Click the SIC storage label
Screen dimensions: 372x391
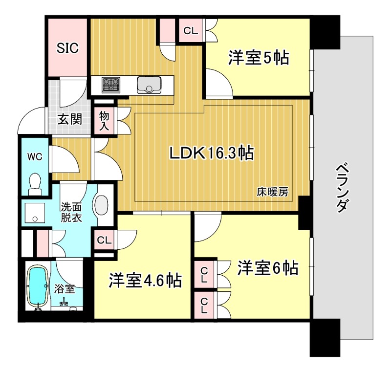click(x=67, y=48)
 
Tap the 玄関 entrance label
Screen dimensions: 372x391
click(x=70, y=119)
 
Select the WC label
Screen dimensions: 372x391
click(x=34, y=157)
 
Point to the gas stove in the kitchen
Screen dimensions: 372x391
click(x=111, y=86)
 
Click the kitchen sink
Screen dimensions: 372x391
click(x=149, y=85)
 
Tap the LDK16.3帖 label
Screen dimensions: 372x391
click(x=211, y=153)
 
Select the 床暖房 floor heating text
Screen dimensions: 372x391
click(x=273, y=192)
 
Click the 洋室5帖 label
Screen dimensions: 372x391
click(x=259, y=58)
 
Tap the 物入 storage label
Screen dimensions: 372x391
click(x=104, y=120)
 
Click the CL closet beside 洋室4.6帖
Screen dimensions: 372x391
click(x=104, y=240)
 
